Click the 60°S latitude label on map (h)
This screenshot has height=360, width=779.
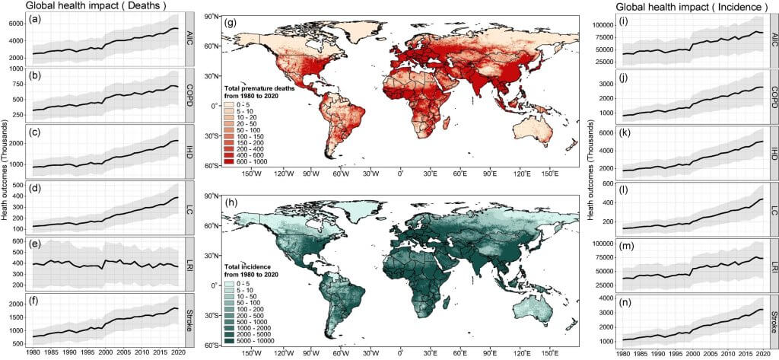(212, 345)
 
